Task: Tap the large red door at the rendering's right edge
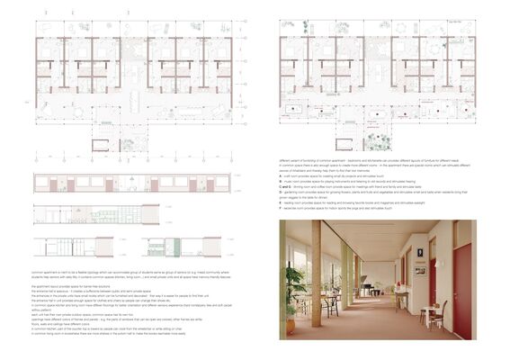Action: click(x=462, y=286)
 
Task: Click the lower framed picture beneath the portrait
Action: click(x=420, y=270)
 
